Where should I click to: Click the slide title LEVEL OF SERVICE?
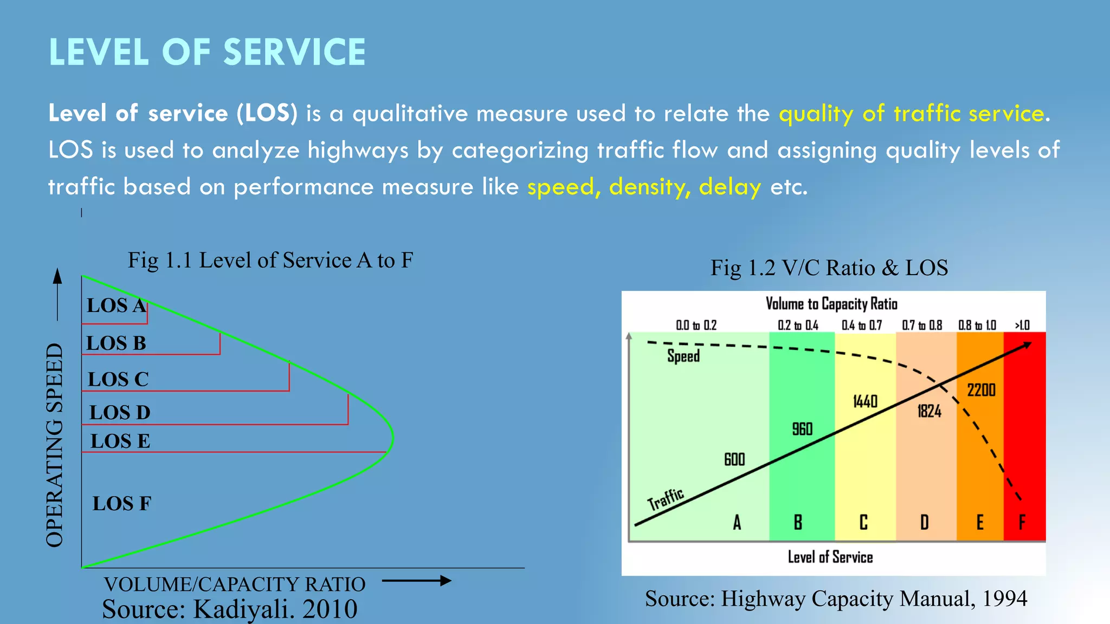click(207, 53)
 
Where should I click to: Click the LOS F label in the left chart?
click(121, 504)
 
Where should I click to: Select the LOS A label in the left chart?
click(116, 305)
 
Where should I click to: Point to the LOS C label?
click(118, 379)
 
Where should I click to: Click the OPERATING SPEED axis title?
click(55, 444)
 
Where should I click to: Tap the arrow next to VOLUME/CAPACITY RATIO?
click(416, 581)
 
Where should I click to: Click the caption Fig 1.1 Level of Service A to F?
click(270, 261)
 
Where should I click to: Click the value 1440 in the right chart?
click(865, 401)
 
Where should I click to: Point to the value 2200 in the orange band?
click(982, 390)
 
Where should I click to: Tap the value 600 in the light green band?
click(734, 459)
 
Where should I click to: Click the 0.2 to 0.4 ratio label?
click(798, 325)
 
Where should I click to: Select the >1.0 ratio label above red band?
click(1022, 325)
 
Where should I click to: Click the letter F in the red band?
click(1022, 522)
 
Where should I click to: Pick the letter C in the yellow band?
click(863, 522)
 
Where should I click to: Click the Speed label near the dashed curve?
click(683, 356)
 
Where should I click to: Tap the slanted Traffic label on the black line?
click(666, 499)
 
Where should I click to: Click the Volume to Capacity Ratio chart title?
click(831, 304)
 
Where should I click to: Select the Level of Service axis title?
click(830, 557)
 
